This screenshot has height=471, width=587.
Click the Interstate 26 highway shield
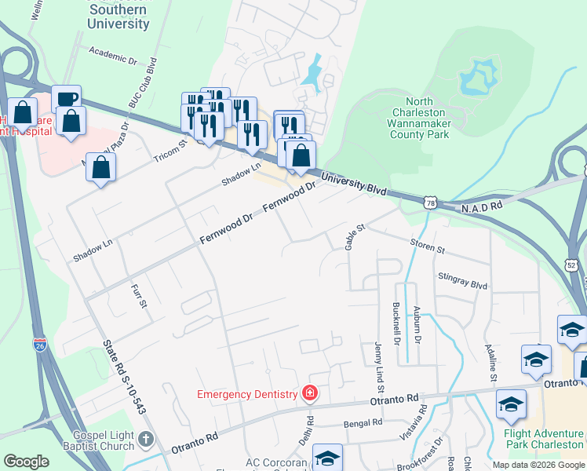point(40,344)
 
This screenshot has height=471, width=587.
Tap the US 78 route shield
point(430,203)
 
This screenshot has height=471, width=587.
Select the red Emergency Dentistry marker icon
point(311,393)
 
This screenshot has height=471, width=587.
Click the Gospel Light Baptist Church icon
point(146,440)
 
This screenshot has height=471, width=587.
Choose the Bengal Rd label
point(363,423)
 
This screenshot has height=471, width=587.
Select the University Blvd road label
point(354,183)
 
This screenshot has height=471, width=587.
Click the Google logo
point(27,462)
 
